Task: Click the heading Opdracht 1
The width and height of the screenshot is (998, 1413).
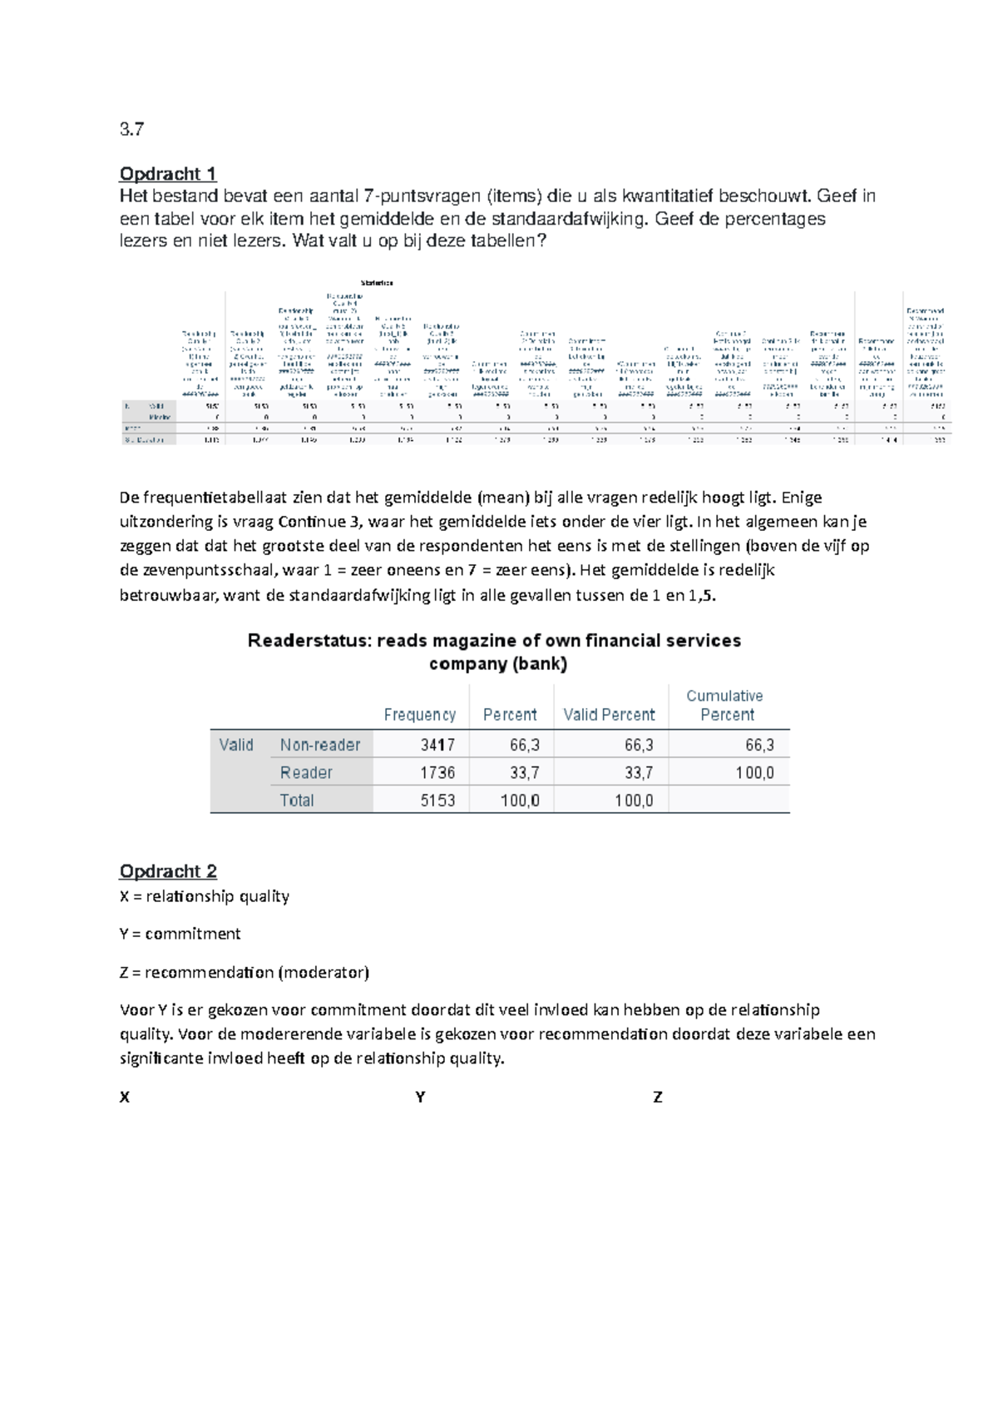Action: tap(168, 174)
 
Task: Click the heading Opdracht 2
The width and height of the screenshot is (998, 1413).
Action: tap(168, 871)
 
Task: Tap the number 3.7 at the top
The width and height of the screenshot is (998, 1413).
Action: tap(131, 130)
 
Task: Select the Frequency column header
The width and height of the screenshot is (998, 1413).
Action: tap(419, 715)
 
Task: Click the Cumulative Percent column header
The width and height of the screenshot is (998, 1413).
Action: tap(725, 705)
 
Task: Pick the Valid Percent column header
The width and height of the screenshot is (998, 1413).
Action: tap(609, 715)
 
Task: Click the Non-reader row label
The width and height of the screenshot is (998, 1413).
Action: tap(320, 745)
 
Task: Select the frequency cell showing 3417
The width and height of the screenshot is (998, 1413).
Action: tap(437, 745)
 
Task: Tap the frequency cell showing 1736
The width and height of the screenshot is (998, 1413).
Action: tap(437, 772)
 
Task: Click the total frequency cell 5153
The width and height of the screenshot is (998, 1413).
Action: tap(437, 801)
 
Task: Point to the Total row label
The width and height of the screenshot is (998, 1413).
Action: tap(297, 801)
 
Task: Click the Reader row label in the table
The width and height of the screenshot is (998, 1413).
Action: tap(306, 772)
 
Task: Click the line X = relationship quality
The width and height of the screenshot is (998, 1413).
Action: tap(205, 896)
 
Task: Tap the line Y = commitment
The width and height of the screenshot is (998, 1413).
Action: tap(180, 934)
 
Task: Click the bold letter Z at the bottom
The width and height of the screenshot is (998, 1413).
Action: tap(658, 1098)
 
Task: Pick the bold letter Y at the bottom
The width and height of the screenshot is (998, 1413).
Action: tap(420, 1098)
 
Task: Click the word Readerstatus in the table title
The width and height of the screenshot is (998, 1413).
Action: tap(307, 641)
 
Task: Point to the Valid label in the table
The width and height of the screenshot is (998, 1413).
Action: tap(236, 745)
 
